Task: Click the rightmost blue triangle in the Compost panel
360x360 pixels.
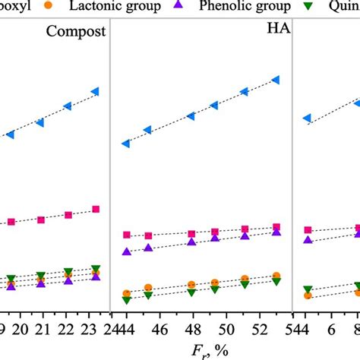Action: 95,92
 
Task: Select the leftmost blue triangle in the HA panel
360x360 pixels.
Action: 126,143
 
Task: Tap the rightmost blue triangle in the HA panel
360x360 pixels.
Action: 276,80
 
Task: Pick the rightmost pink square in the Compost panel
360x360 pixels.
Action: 96,209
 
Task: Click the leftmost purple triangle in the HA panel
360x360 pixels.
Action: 126,251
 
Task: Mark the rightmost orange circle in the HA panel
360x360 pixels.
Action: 276,276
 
